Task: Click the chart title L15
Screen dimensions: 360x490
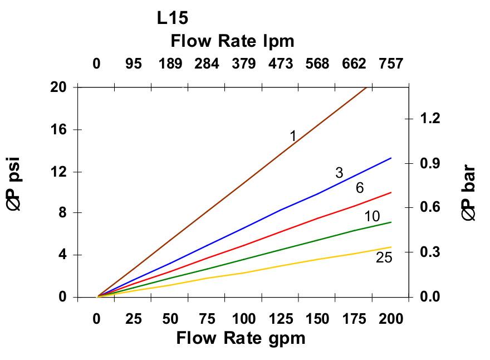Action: pyautogui.click(x=173, y=18)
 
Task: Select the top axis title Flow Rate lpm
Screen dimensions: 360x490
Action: pyautogui.click(x=232, y=41)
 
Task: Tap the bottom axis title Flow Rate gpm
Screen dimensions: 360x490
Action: pyautogui.click(x=241, y=338)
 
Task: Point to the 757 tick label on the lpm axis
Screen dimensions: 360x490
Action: pyautogui.click(x=391, y=64)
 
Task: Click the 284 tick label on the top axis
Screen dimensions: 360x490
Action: pyautogui.click(x=207, y=64)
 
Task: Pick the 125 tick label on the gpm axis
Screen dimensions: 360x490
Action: pyautogui.click(x=281, y=319)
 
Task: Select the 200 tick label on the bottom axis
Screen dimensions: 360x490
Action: pyautogui.click(x=391, y=319)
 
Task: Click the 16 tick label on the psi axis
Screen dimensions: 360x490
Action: pyautogui.click(x=59, y=130)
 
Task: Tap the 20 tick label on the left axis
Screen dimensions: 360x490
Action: pyautogui.click(x=59, y=87)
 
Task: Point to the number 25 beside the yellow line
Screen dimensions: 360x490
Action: pyautogui.click(x=384, y=258)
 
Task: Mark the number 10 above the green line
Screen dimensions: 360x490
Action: pyautogui.click(x=372, y=217)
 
